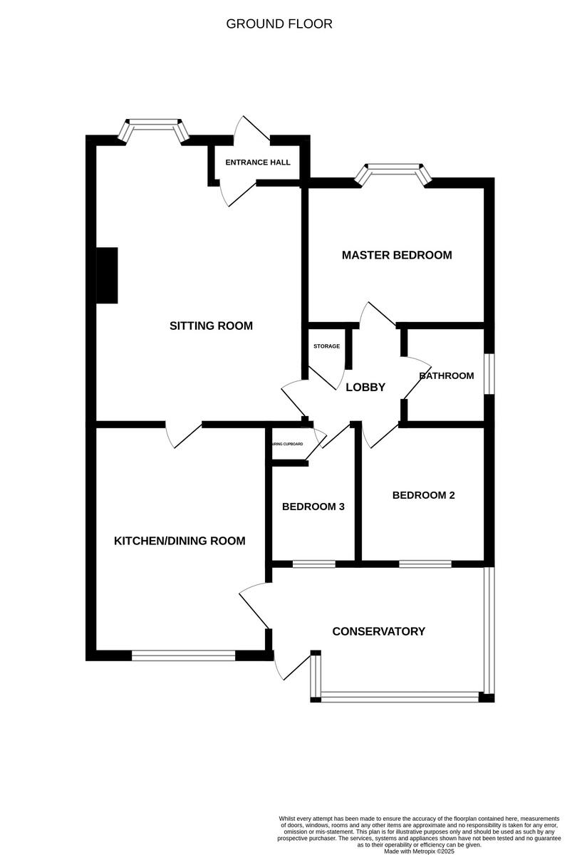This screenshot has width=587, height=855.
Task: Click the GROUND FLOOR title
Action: point(279,24)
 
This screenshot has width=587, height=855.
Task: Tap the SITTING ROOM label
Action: point(211,326)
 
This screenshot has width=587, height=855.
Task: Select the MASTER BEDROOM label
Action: point(397,255)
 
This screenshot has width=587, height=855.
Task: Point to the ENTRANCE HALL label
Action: point(258,162)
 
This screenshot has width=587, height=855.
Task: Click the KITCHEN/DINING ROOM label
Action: point(180,541)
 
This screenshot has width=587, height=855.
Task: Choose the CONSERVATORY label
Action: point(378,631)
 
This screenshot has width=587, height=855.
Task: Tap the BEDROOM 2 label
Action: point(423,495)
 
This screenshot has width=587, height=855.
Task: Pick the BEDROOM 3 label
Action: point(313,507)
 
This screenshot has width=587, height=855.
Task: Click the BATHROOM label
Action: point(447,375)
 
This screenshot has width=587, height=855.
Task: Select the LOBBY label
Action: point(365,388)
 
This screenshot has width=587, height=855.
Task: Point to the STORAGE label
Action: point(326,346)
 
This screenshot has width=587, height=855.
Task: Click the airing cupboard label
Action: point(287,444)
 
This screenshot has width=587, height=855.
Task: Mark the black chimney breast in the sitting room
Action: point(107,276)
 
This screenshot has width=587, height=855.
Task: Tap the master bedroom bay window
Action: point(395,172)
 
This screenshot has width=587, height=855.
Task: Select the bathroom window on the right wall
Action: point(489,373)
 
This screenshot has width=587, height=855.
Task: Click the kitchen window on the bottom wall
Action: point(183,655)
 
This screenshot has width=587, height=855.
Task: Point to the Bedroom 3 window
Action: point(313,564)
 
